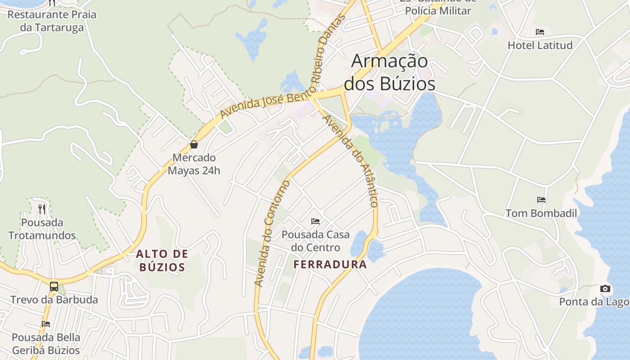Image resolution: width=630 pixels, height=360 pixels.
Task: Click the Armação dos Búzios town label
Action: tap(389, 72)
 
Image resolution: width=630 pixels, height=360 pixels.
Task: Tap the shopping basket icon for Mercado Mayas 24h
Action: tap(194, 144)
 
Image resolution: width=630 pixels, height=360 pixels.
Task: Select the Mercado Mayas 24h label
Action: tap(194, 164)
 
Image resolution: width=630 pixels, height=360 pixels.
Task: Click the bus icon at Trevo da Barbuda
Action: tap(54, 286)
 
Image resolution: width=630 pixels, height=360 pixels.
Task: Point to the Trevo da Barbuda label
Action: tap(54, 300)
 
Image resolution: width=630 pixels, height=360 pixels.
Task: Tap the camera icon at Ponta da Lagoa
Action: tap(605, 288)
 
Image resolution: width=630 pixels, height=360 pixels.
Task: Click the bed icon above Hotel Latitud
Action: tap(540, 32)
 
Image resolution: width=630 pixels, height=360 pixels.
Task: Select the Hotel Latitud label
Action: tap(540, 45)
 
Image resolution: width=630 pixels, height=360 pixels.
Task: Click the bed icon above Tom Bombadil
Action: tap(541, 199)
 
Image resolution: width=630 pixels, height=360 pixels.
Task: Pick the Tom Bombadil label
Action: tap(541, 213)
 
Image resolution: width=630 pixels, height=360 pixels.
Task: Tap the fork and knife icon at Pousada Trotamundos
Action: tap(42, 209)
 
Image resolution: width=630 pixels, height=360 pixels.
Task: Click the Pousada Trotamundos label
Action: tap(42, 229)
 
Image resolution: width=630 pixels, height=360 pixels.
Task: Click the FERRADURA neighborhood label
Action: tap(330, 265)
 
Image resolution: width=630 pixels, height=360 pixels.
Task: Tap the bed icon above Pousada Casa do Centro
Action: tap(315, 221)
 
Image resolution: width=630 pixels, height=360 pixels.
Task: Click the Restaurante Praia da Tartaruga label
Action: tap(52, 21)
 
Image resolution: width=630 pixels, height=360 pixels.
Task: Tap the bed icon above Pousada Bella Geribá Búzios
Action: tap(46, 324)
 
